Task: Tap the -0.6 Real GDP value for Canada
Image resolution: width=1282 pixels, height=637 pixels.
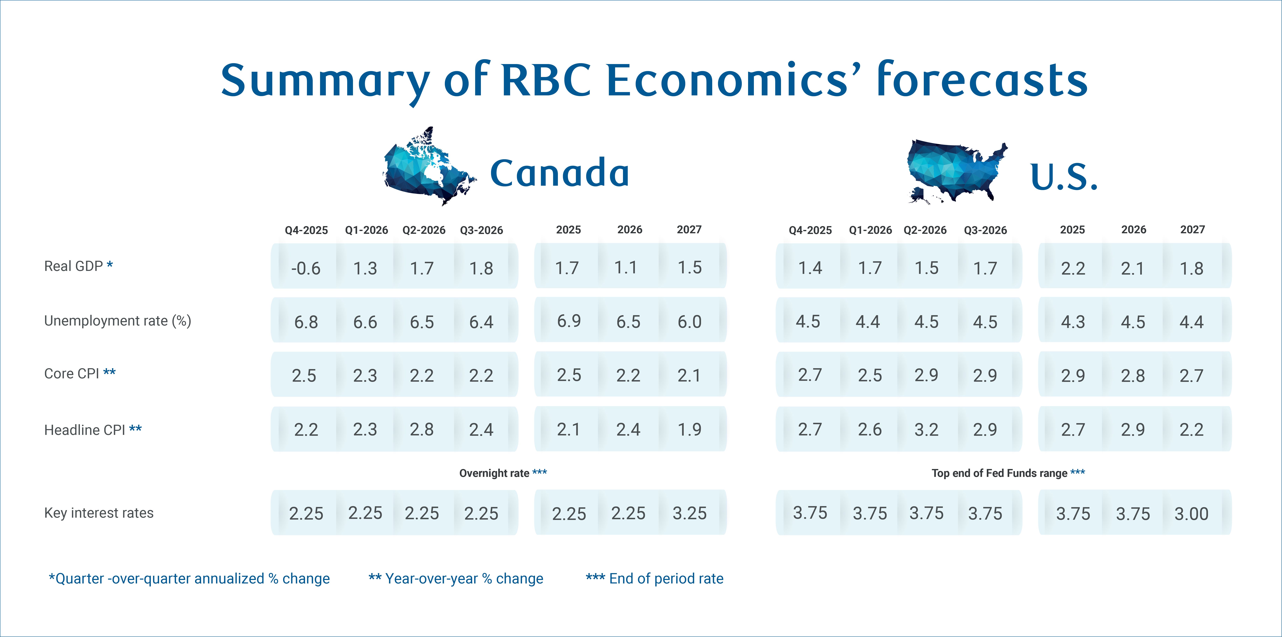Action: click(306, 268)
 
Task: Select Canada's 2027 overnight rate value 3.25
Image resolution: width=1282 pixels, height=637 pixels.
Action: click(689, 513)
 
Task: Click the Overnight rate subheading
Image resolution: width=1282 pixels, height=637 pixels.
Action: click(503, 473)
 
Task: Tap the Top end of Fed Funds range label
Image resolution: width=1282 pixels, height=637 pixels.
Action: click(1008, 473)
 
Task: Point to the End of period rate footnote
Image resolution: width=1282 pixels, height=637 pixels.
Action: click(654, 578)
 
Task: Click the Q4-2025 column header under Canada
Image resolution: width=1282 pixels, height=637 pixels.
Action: click(306, 230)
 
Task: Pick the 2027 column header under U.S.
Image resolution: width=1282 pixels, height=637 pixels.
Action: click(1192, 229)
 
